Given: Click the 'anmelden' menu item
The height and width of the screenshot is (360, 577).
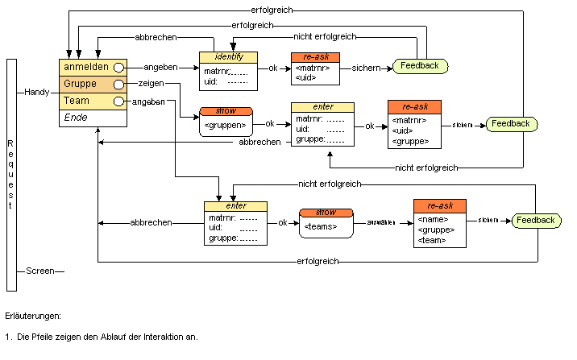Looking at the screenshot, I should (86, 67).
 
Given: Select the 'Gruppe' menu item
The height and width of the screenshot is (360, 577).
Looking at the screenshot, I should (81, 84).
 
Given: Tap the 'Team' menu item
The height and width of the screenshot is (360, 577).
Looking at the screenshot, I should (77, 101).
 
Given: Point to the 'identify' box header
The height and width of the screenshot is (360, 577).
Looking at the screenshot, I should (228, 57).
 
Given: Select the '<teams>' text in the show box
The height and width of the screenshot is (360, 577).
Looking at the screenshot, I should (321, 227).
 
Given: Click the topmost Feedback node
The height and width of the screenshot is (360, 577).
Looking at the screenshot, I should (420, 66).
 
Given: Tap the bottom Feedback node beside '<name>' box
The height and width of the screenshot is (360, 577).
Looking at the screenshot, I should (536, 220).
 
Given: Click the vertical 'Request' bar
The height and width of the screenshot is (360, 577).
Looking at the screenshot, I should (10, 174).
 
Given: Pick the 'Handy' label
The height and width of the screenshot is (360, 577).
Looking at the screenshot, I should (37, 93).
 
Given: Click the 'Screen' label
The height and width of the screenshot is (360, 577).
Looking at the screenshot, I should (39, 271).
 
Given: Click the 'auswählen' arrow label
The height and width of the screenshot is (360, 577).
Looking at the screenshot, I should (383, 222).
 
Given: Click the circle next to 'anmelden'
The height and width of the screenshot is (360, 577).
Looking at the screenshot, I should (118, 67).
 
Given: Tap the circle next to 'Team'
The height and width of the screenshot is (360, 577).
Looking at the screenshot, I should (118, 101).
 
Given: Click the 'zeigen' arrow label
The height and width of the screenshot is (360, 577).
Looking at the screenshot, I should (151, 84).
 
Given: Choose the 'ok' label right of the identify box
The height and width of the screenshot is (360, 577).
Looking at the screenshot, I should (273, 68).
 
